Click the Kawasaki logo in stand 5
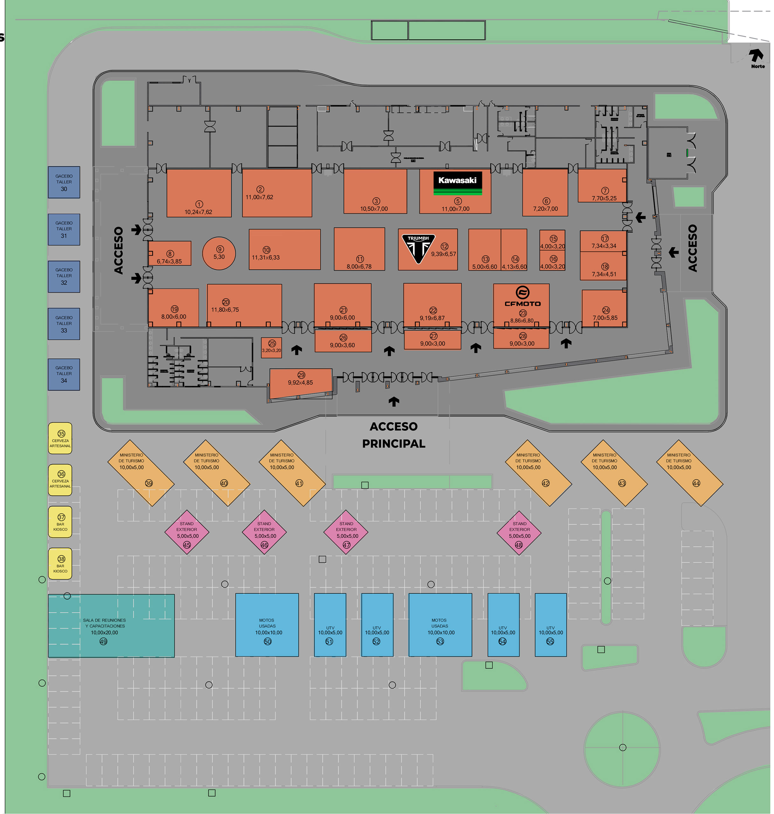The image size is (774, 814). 458,183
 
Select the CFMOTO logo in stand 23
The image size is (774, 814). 522,297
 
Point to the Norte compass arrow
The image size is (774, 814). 756,56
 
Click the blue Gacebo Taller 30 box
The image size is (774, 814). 64,183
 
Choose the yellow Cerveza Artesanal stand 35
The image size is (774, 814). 60,438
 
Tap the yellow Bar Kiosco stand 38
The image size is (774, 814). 60,563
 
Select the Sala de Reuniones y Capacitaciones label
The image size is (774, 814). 104,623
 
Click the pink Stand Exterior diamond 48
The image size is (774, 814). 519,533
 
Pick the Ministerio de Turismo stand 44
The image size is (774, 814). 689,473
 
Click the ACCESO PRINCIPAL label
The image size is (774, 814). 394,435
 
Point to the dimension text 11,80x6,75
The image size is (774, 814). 225,310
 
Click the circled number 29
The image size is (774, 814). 301,375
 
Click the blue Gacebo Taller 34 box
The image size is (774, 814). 64,374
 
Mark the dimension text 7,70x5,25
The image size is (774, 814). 604,198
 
